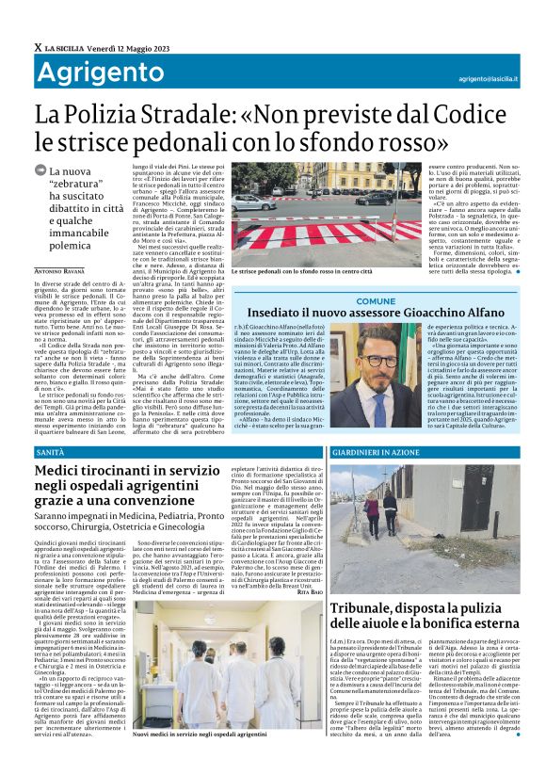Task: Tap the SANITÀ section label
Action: coord(50,453)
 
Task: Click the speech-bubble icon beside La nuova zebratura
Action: coord(40,170)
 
